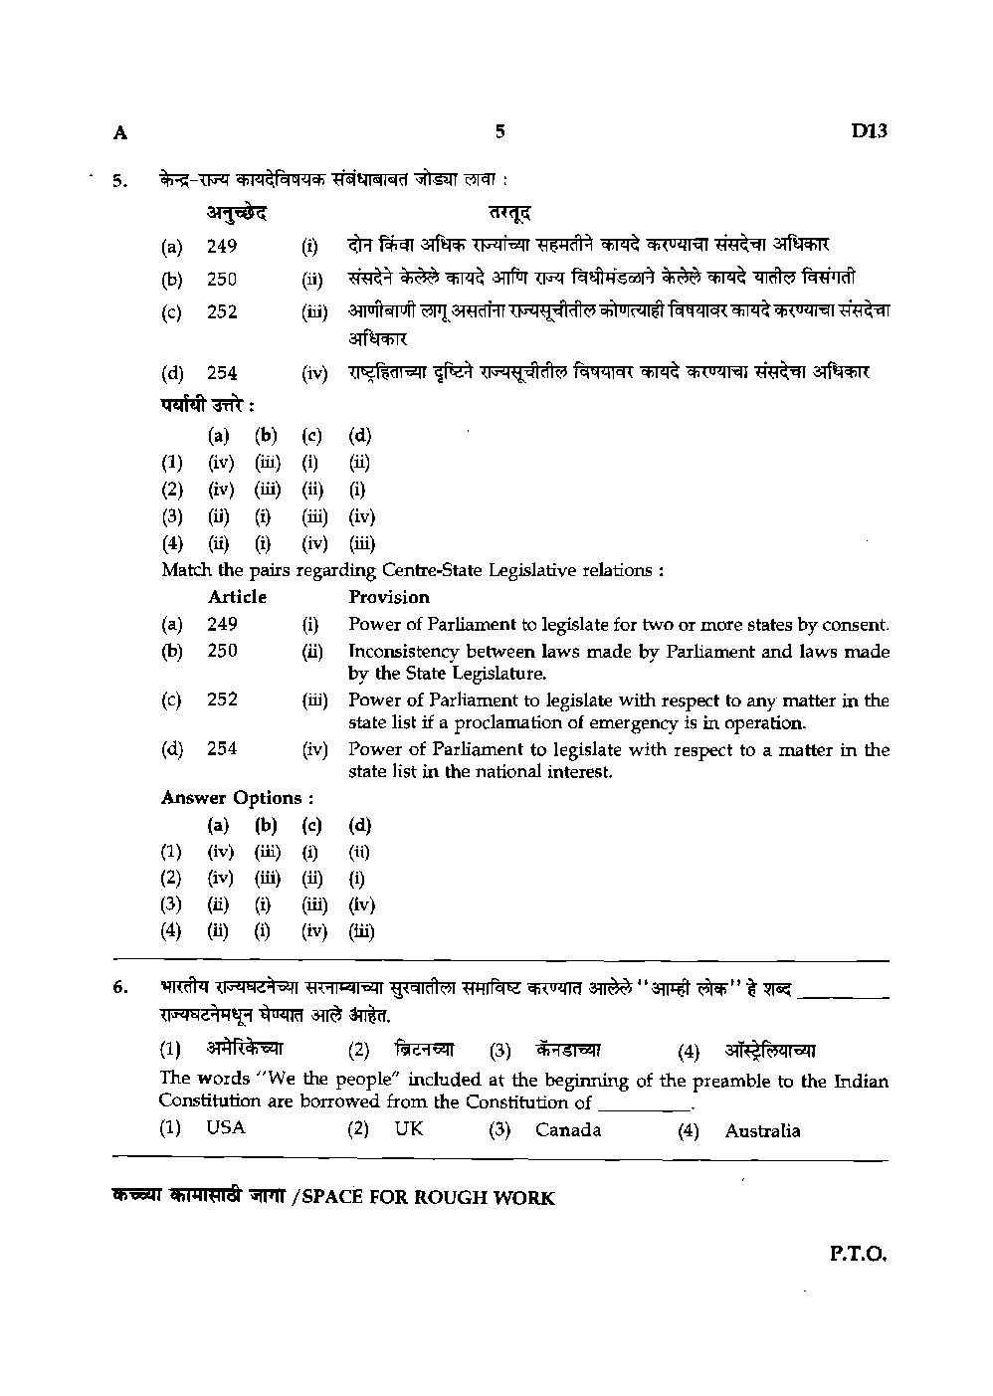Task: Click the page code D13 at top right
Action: [868, 131]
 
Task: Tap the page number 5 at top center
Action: [500, 130]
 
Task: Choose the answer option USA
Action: [226, 1128]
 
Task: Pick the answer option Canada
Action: [567, 1130]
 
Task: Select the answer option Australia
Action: [762, 1130]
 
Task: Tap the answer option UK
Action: [408, 1129]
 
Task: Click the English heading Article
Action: [237, 597]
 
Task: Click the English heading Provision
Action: [389, 597]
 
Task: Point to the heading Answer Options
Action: [238, 798]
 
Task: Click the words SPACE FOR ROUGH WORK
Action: [428, 1198]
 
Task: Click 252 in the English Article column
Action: [222, 699]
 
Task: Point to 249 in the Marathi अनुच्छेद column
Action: [222, 247]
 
